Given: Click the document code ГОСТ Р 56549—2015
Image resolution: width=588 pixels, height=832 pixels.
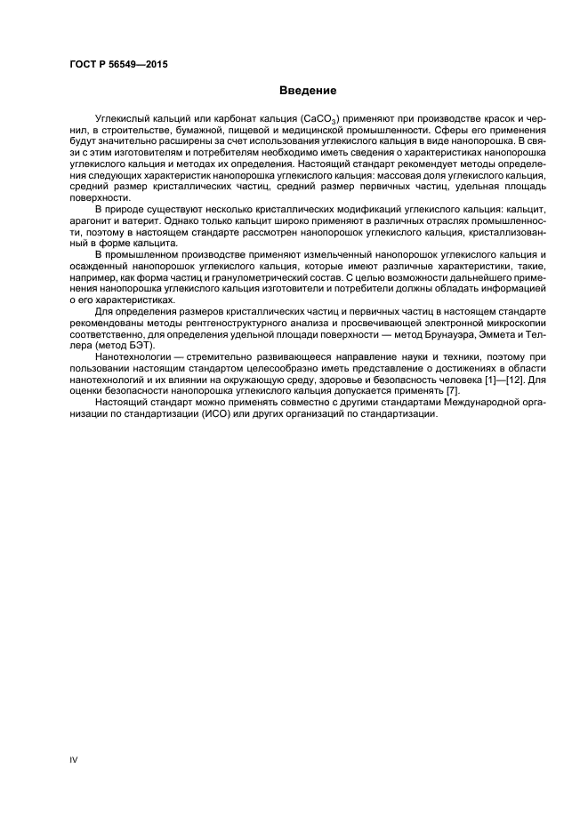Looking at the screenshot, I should tap(118, 65).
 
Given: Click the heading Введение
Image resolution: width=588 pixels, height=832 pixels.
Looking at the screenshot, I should tap(308, 91).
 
